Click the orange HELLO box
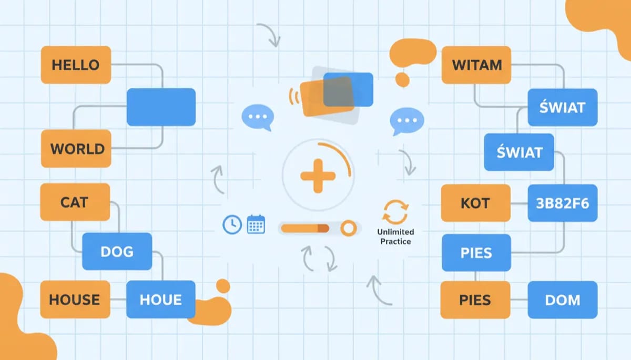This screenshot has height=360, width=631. tap(76, 65)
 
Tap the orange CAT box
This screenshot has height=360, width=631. tap(75, 202)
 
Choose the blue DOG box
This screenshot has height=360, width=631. tap(117, 252)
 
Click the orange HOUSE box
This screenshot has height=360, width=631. tap(75, 300)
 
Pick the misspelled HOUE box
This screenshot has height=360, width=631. tap(160, 300)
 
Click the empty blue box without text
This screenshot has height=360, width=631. tap(161, 107)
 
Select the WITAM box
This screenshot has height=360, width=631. tap(476, 65)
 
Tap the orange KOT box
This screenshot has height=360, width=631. tap(475, 203)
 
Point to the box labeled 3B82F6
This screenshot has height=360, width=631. tap(563, 203)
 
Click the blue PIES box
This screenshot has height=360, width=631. tap(476, 253)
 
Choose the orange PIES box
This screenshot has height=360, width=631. tap(475, 300)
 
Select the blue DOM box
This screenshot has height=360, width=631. tap(563, 300)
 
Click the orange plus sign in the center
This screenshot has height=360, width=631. tap(317, 174)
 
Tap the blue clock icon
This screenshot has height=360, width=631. tap(232, 224)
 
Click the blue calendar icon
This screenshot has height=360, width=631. tap(256, 224)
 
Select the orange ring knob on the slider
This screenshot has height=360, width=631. tap(348, 228)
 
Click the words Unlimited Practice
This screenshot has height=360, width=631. tap(395, 236)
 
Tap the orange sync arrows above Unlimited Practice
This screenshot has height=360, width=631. tap(395, 212)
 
